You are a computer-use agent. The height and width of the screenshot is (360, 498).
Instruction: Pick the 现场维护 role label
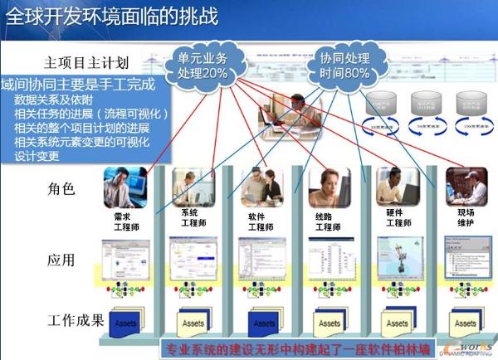[x=461, y=220]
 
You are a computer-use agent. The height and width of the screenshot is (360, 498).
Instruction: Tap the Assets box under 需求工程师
[x=126, y=323]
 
